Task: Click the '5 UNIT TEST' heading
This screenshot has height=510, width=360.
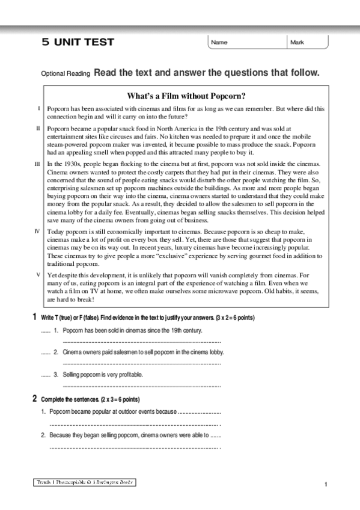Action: pos(78,42)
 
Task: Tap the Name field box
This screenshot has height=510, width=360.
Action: pos(247,42)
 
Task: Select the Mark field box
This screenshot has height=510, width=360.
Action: pos(308,42)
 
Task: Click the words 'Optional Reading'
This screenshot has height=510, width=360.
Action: pos(65,74)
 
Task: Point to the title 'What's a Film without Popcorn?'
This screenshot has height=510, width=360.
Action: pos(187,96)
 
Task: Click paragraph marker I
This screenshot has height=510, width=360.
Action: pos(39,108)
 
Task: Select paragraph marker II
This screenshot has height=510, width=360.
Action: pos(38,128)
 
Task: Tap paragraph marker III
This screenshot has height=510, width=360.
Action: pos(38,164)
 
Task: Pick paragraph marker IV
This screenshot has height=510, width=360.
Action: pos(38,231)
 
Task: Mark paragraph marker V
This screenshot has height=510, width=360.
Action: pos(38,274)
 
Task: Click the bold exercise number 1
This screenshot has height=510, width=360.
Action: pos(34,317)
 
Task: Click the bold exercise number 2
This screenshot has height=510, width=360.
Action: pos(34,399)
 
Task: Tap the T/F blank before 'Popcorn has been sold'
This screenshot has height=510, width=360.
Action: pos(45,331)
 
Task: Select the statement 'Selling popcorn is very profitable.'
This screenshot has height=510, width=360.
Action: pos(103,374)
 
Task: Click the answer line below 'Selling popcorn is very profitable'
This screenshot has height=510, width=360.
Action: pos(142,386)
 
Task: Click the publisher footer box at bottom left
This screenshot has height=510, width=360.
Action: pos(84,482)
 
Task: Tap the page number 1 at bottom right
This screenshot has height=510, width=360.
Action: pos(325,485)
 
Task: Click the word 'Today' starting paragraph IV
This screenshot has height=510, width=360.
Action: pos(55,231)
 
